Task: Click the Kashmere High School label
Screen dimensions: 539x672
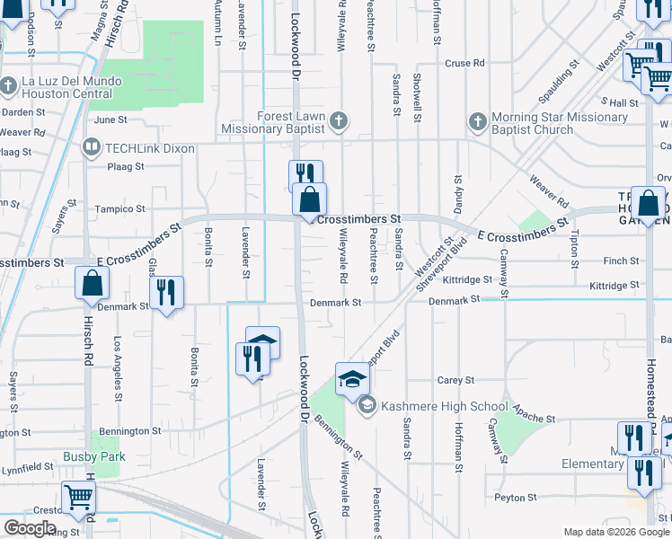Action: point(445,406)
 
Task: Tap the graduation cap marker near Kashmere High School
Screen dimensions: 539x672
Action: point(353,379)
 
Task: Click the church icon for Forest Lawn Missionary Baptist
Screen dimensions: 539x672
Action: point(338,120)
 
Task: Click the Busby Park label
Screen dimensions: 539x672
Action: point(94,456)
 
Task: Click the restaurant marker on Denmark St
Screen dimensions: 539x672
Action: point(166,294)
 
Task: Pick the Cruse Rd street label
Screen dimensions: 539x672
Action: point(465,63)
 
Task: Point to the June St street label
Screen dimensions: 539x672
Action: point(111,119)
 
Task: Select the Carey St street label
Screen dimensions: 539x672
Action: point(449,380)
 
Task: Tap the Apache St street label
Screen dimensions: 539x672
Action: point(538,420)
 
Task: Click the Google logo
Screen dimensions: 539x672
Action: point(31,528)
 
